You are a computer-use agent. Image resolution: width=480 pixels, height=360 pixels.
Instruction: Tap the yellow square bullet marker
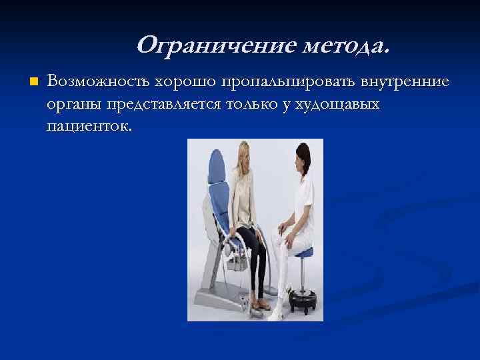pyautogui.click(x=31, y=81)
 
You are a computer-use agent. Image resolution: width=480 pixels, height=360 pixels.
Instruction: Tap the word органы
pyautogui.click(x=74, y=104)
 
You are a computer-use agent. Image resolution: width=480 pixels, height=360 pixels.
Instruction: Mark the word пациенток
pyautogui.click(x=90, y=126)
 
